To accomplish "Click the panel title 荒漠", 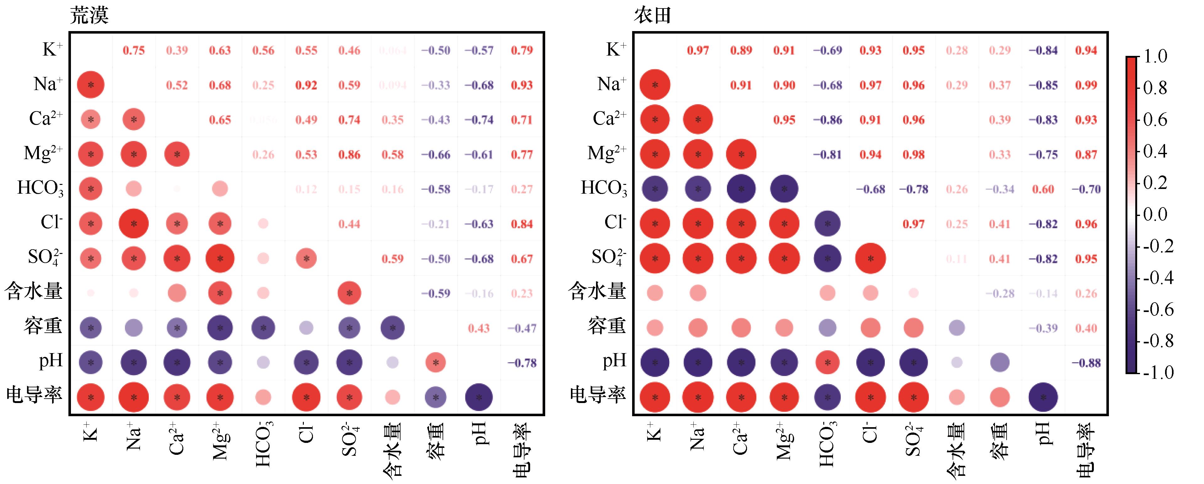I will click(x=89, y=15).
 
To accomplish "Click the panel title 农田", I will click(x=653, y=15).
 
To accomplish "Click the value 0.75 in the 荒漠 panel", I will click(x=134, y=51).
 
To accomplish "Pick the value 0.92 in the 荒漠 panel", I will click(x=306, y=85).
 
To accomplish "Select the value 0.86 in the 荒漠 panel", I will click(x=349, y=155).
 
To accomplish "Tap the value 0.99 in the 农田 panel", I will click(x=1086, y=85).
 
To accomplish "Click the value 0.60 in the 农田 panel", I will click(x=1043, y=189).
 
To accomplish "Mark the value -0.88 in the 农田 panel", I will click(x=1086, y=363).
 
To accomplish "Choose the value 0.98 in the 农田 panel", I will click(x=913, y=155).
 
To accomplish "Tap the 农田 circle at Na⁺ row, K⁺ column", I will click(x=655, y=85).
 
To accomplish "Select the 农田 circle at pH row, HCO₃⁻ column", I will click(x=827, y=363).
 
